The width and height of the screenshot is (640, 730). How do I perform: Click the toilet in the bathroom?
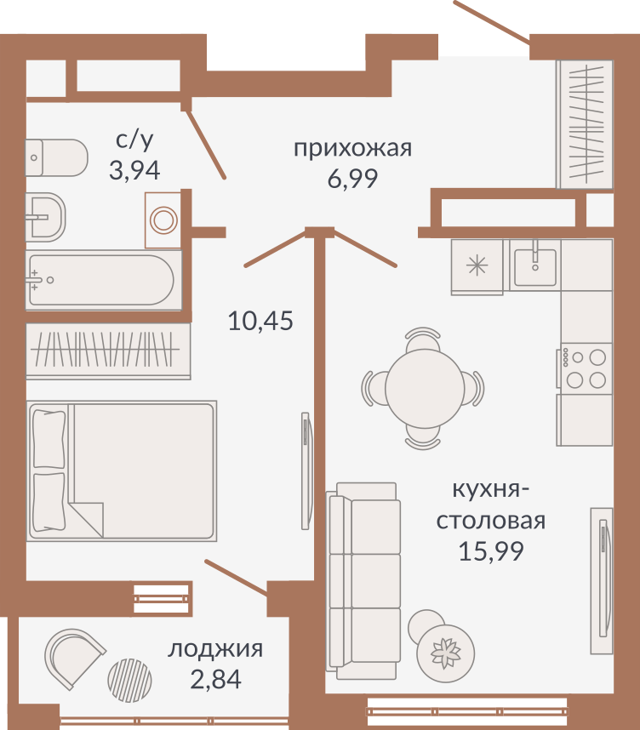pyautogui.click(x=56, y=157)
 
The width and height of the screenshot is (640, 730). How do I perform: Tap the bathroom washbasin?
pyautogui.click(x=45, y=217)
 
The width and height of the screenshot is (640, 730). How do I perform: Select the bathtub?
pyautogui.click(x=104, y=280)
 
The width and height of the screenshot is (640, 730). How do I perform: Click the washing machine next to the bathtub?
pyautogui.click(x=163, y=220)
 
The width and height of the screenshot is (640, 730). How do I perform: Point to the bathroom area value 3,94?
pyautogui.click(x=134, y=170)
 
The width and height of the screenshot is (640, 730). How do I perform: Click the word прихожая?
pyautogui.click(x=352, y=149)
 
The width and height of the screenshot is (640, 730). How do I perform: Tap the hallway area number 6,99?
pyautogui.click(x=352, y=179)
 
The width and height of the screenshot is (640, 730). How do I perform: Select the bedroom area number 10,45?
pyautogui.click(x=260, y=321)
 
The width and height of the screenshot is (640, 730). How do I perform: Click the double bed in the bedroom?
pyautogui.click(x=122, y=471)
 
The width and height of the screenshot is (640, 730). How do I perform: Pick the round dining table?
pyautogui.click(x=425, y=388)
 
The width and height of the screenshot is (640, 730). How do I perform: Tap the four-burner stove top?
pyautogui.click(x=584, y=368)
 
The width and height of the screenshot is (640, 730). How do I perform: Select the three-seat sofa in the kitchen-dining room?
pyautogui.click(x=363, y=580)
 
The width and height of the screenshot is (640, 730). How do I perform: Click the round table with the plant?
pyautogui.click(x=446, y=653)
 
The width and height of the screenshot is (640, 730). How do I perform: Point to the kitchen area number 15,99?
pyautogui.click(x=491, y=551)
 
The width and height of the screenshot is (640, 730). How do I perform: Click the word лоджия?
pyautogui.click(x=215, y=649)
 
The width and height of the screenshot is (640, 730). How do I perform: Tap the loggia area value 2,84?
pyautogui.click(x=215, y=679)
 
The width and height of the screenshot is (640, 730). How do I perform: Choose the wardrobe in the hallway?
pyautogui.click(x=585, y=124)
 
